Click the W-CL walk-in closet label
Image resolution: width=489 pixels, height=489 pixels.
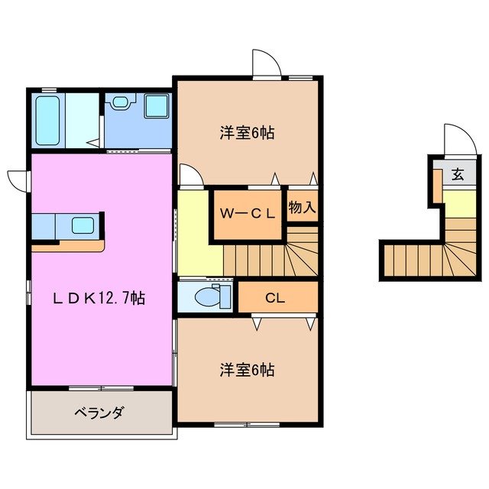coord(248,214)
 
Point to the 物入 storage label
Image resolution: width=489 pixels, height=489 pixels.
coord(302,206)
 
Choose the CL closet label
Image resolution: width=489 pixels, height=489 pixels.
coord(276,297)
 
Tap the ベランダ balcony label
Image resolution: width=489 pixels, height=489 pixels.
coord(99,413)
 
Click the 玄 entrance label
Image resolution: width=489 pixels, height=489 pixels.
coord(457,175)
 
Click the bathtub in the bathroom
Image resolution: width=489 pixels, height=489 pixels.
coord(47,120)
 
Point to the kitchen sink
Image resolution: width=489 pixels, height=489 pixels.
coord(83,225)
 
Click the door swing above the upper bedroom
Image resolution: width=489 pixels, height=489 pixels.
coord(264,63)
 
